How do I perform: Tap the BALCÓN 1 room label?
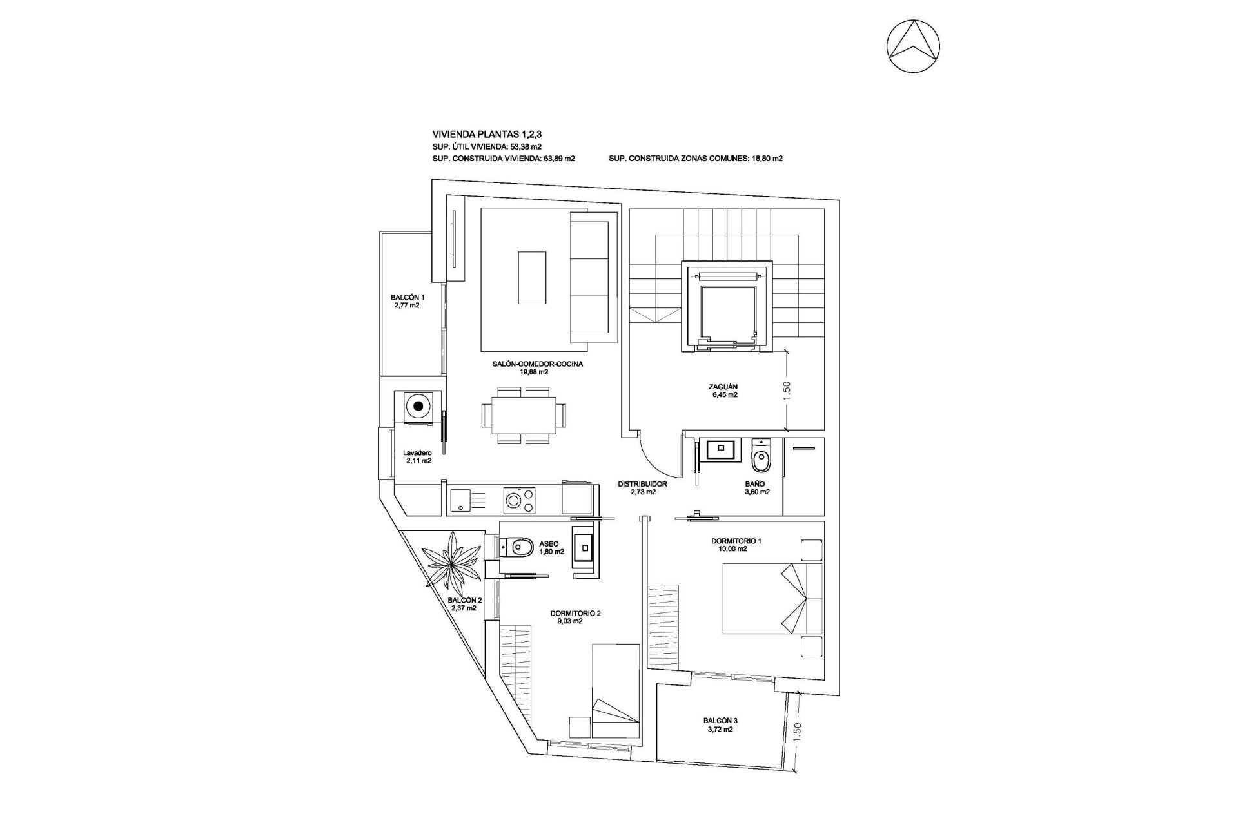coord(407,302)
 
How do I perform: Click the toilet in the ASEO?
coord(518,548)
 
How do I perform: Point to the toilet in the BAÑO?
coord(761,459)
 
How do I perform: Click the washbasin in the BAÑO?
coord(719,449)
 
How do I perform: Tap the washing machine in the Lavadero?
coord(418,406)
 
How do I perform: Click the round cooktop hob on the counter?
coord(515,500)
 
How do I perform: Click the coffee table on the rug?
coord(533,277)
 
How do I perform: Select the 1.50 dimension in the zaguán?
coord(786,390)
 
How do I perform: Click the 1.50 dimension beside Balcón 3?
coord(797,731)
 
